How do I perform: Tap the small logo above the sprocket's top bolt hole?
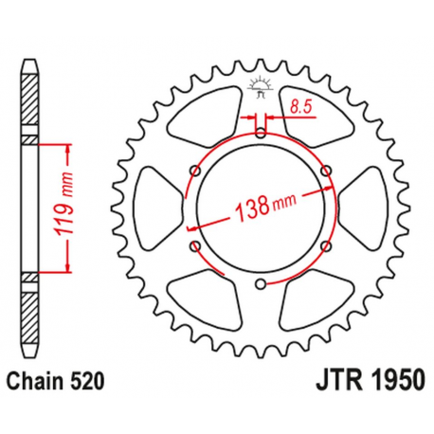point(260,88)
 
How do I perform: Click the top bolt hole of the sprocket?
point(260,120)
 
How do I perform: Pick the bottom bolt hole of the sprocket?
point(260,284)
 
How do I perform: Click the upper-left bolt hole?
point(195,171)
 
